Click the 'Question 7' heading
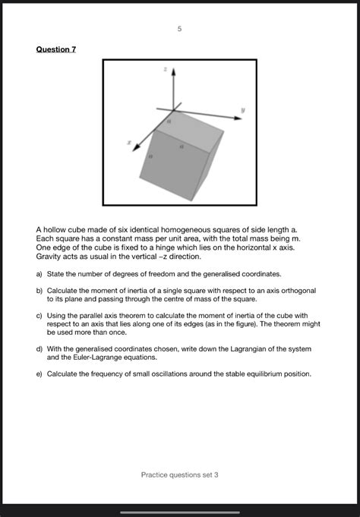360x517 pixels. (x=56, y=49)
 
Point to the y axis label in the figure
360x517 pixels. (x=243, y=109)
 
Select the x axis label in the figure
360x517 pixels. (x=129, y=140)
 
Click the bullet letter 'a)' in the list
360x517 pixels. (x=39, y=273)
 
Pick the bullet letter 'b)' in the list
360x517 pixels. (x=39, y=291)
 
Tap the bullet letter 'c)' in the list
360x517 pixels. (x=39, y=316)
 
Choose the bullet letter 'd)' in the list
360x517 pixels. (x=39, y=349)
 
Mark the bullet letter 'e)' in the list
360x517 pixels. (x=39, y=374)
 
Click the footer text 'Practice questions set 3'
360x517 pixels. (x=179, y=474)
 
